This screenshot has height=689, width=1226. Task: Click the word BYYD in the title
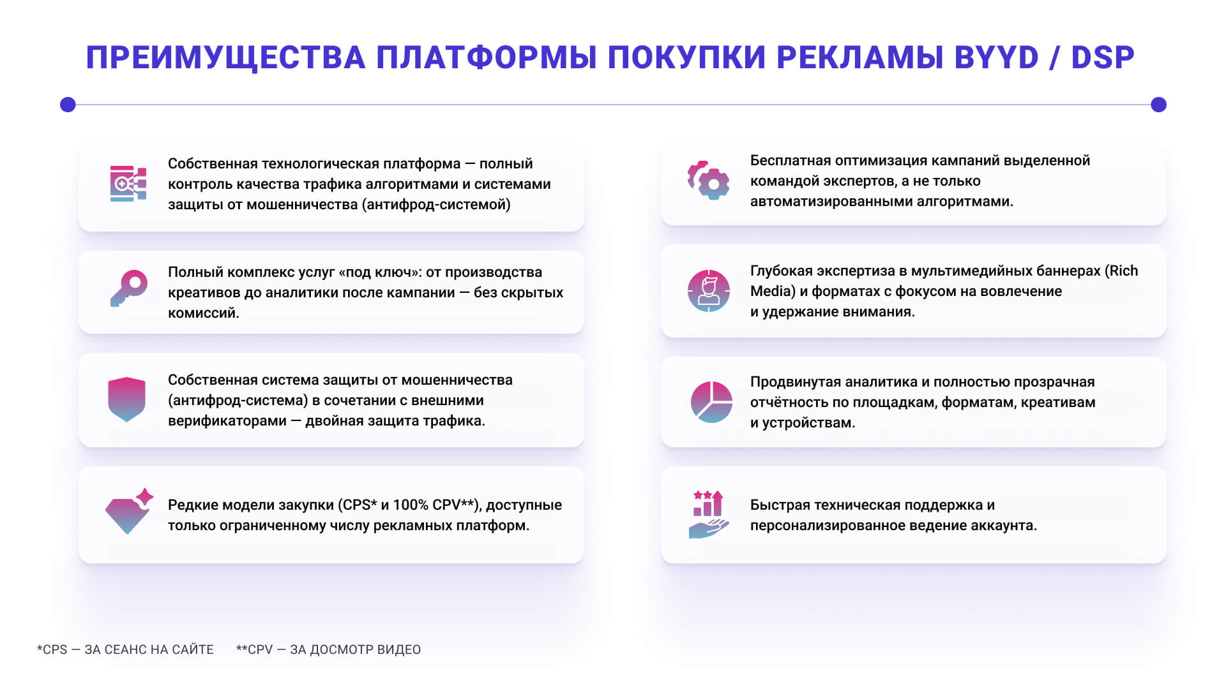pyautogui.click(x=997, y=57)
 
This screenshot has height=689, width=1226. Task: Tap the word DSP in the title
pyautogui.click(x=1103, y=57)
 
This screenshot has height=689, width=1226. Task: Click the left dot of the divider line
pyautogui.click(x=68, y=105)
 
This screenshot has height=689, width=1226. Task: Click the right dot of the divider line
pyautogui.click(x=1158, y=105)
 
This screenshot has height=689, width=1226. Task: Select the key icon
pyautogui.click(x=129, y=288)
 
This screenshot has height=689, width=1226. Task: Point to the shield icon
pyautogui.click(x=127, y=399)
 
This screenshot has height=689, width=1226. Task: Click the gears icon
pyautogui.click(x=709, y=181)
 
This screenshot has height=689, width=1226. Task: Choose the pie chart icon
pyautogui.click(x=711, y=402)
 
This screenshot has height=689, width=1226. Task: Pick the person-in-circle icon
pyautogui.click(x=709, y=291)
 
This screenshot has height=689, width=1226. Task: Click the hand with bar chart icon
pyautogui.click(x=709, y=514)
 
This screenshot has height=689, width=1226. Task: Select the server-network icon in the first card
pyautogui.click(x=128, y=184)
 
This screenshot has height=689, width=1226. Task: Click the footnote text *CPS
pyautogui.click(x=52, y=649)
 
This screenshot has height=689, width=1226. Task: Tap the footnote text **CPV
pyautogui.click(x=254, y=649)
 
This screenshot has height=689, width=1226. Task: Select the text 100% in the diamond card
pyautogui.click(x=411, y=505)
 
